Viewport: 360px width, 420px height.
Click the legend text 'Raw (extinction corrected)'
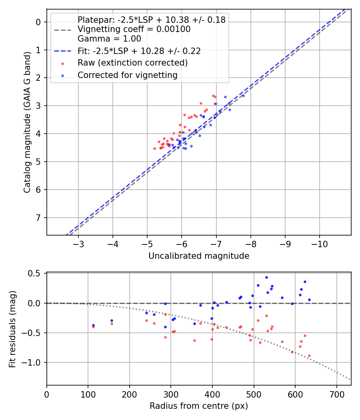click(x=132, y=63)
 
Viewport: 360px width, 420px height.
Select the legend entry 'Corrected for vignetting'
click(x=127, y=75)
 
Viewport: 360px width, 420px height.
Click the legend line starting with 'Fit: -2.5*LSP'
click(x=139, y=51)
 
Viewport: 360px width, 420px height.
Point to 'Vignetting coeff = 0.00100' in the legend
click(x=134, y=29)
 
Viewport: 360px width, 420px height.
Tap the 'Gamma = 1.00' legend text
click(x=109, y=39)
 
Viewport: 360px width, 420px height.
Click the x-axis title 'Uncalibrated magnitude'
click(x=199, y=256)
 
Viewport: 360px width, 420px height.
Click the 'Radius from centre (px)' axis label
click(x=199, y=406)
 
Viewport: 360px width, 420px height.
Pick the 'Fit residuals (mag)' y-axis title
click(x=12, y=329)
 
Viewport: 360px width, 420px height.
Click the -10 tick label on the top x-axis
click(x=319, y=244)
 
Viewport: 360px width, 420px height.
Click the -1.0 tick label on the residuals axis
click(x=34, y=362)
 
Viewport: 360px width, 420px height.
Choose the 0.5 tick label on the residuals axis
click(x=36, y=274)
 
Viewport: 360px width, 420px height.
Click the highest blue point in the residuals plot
click(x=266, y=277)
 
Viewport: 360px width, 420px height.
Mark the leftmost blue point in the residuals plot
click(x=93, y=325)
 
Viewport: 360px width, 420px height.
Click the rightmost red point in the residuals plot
click(x=309, y=356)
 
